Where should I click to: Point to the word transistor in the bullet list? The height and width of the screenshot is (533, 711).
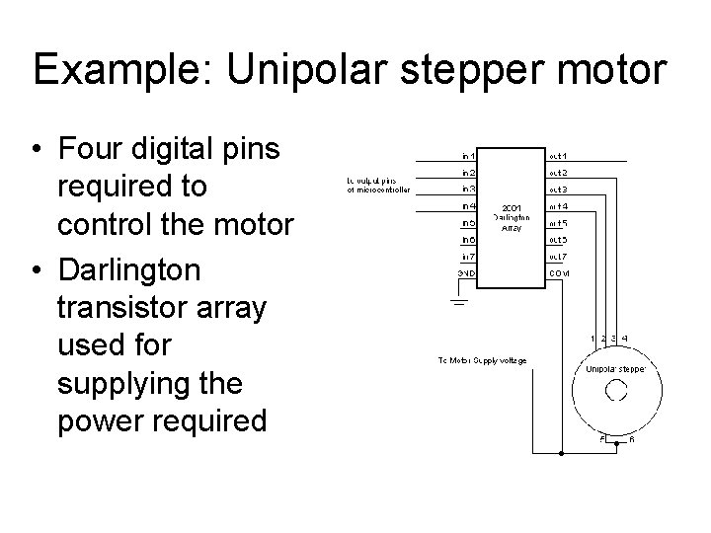tap(121, 307)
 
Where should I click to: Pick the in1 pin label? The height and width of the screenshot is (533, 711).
tap(468, 155)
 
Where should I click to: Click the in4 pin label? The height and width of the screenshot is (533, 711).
tap(468, 205)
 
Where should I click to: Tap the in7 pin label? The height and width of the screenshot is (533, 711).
tap(468, 256)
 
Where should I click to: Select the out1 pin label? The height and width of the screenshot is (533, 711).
tap(558, 155)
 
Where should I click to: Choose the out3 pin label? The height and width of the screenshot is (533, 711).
tap(558, 189)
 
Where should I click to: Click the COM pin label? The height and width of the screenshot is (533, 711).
tap(559, 272)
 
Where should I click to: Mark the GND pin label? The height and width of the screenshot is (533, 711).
tap(467, 272)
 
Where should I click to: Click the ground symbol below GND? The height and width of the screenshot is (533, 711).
tap(457, 299)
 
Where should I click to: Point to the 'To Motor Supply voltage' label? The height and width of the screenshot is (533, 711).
tap(482, 359)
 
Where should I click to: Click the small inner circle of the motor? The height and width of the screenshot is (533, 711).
tap(615, 392)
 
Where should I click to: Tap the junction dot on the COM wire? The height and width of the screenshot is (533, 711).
tap(561, 455)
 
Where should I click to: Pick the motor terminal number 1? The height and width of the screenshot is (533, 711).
tap(592, 339)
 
